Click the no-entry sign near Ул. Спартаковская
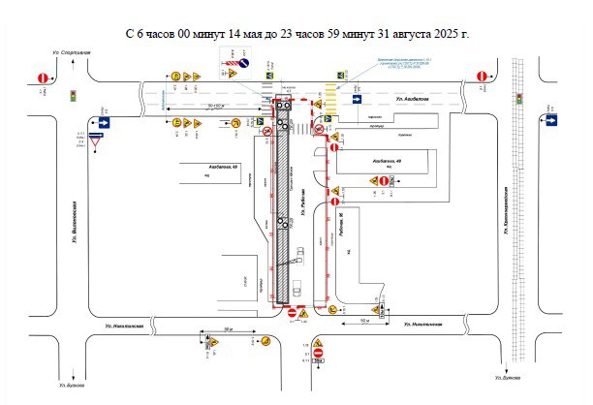pos(42,77)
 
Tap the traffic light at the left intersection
pos(73,95)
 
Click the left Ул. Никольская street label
pos(123,326)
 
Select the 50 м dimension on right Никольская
pos(364,319)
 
